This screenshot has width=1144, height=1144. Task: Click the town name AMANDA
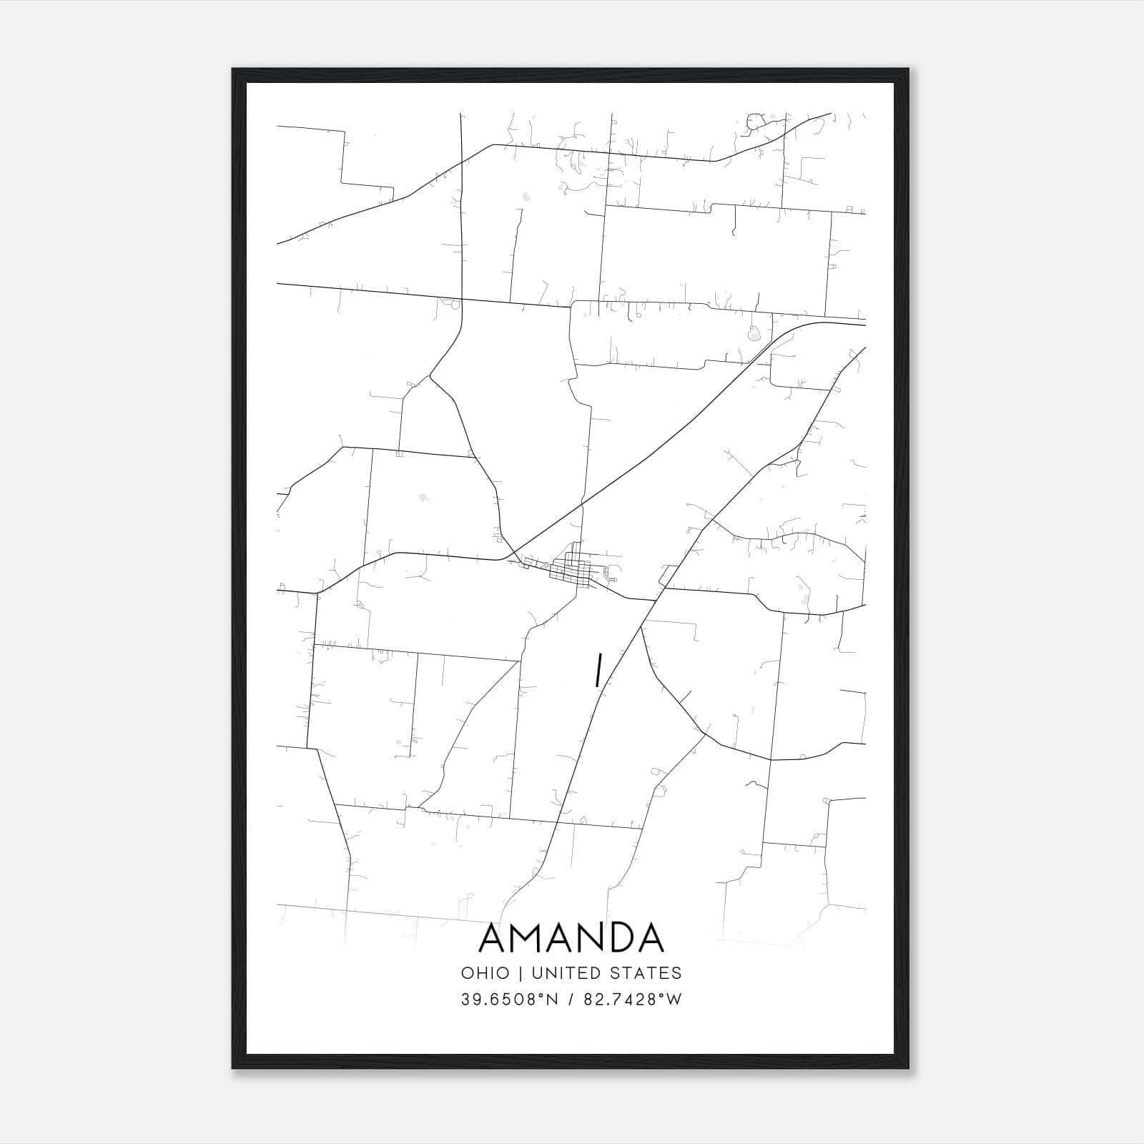(x=571, y=938)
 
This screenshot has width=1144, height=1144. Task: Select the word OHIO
(x=485, y=973)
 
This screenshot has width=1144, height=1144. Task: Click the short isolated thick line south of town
(x=596, y=671)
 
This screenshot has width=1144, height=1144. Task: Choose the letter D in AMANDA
(x=619, y=938)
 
